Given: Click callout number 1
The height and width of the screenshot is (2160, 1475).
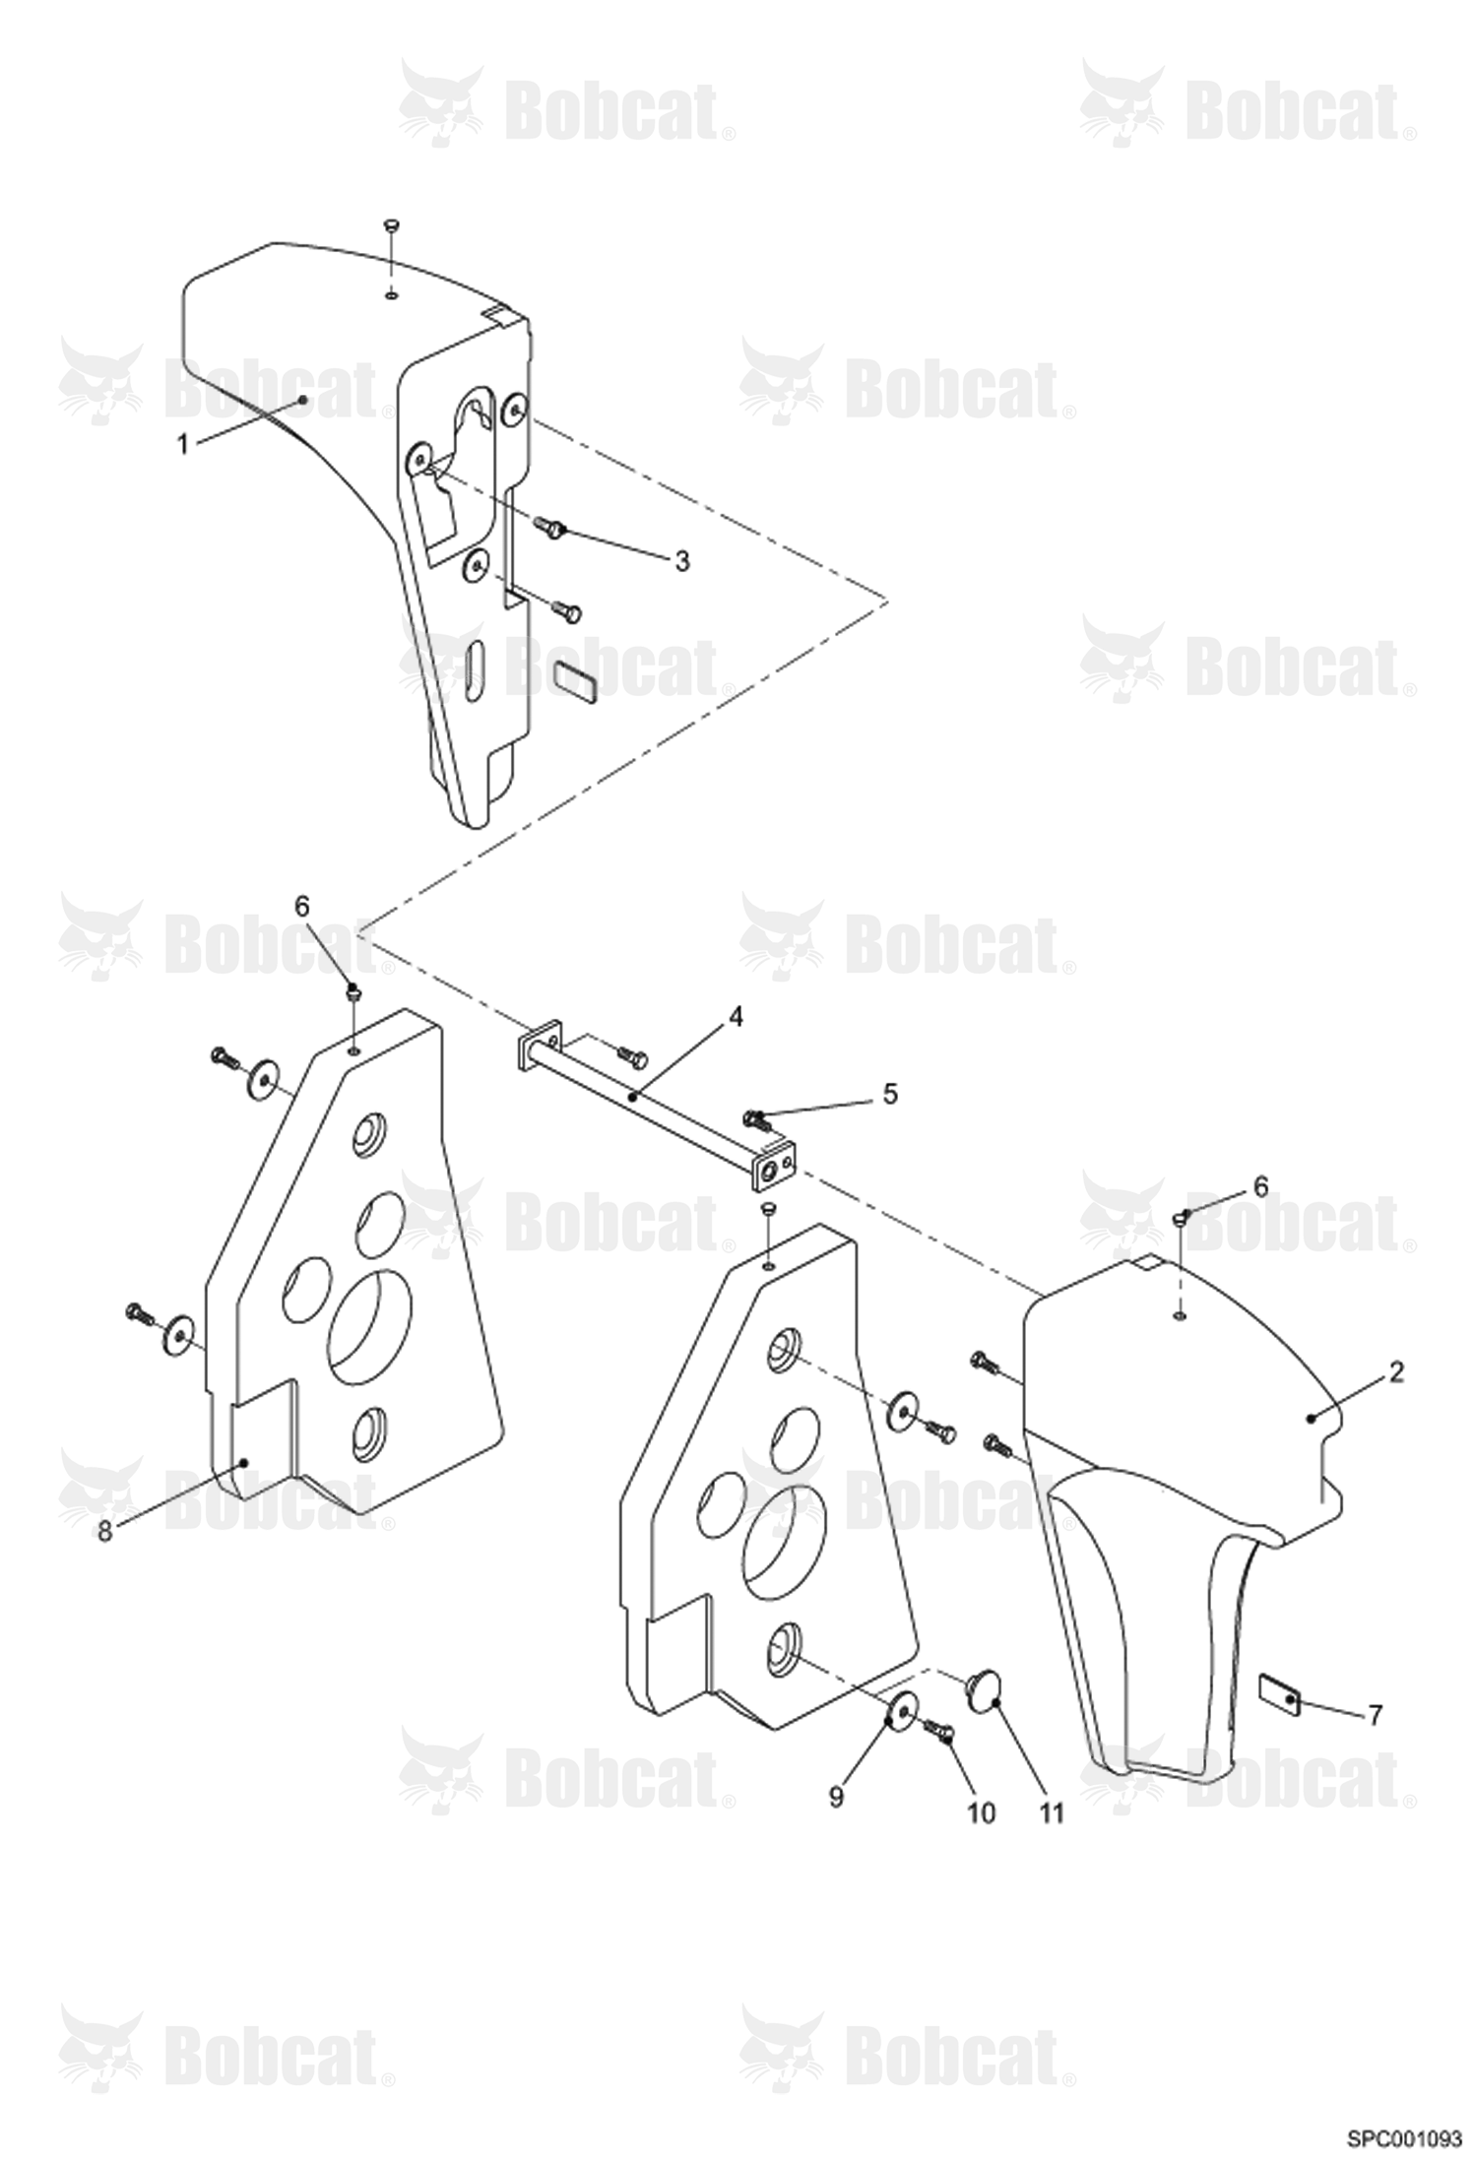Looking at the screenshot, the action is (x=182, y=445).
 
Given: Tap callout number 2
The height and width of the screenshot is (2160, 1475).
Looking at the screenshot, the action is (x=1396, y=1371).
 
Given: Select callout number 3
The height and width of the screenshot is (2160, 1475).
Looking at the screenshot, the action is (x=682, y=561).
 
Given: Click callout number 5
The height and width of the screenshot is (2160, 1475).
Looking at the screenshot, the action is (x=890, y=1094).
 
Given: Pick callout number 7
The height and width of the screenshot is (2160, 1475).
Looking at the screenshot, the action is (x=1375, y=1714).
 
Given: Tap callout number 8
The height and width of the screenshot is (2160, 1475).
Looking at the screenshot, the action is (x=105, y=1531).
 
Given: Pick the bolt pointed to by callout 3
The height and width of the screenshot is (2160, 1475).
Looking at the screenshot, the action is (x=552, y=528).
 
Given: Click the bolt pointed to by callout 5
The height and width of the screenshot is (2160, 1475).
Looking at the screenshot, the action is (x=756, y=1118).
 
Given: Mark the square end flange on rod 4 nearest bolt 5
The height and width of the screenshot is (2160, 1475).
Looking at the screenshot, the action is (x=774, y=1167).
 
